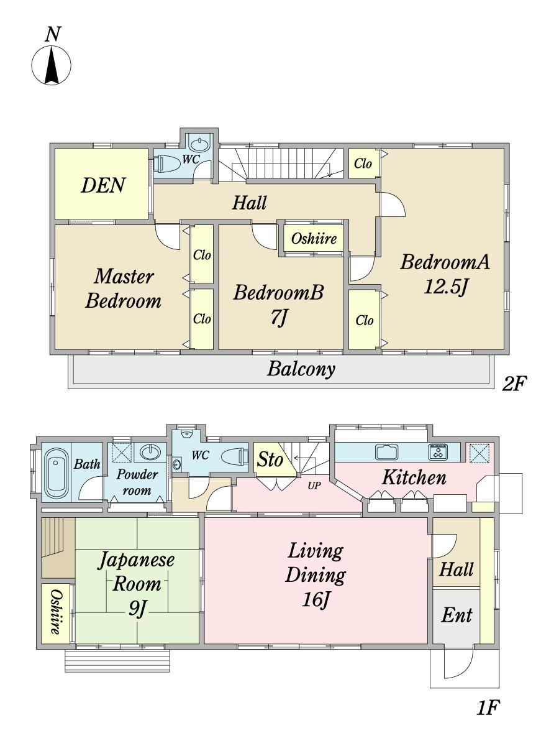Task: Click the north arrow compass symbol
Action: click(52, 65)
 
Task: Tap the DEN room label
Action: click(103, 185)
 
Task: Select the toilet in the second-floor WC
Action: click(166, 163)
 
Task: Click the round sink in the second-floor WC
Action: click(199, 145)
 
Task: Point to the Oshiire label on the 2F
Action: click(314, 239)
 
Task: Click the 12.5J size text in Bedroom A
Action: click(447, 288)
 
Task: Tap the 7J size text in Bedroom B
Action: click(279, 318)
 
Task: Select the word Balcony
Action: click(301, 369)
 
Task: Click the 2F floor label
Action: click(514, 384)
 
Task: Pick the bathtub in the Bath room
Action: click(57, 473)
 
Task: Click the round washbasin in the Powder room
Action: click(150, 452)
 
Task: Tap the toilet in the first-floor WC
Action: click(235, 456)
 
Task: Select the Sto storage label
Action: click(270, 460)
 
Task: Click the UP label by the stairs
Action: click(314, 486)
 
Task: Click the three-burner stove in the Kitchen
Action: click(438, 452)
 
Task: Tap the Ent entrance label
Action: click(456, 615)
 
